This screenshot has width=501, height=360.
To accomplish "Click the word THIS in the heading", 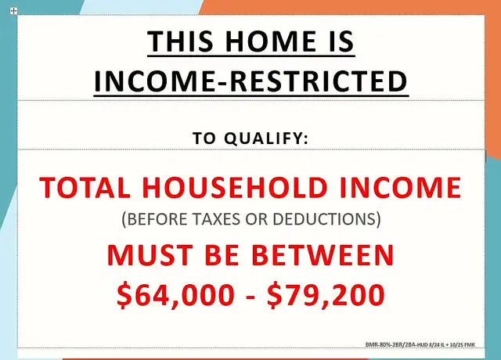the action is click(180, 41).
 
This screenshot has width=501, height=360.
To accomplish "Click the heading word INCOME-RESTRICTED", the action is click(250, 81).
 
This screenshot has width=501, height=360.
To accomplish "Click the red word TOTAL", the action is click(85, 187).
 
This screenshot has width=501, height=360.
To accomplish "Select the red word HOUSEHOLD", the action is click(235, 187).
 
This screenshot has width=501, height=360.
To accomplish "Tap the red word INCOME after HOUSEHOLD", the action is click(400, 187).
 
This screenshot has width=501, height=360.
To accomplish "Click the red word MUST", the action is click(150, 255).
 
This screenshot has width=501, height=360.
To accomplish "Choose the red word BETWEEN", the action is click(323, 255).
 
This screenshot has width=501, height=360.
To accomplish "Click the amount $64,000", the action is click(175, 295).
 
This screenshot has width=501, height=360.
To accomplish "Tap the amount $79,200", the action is click(326, 295).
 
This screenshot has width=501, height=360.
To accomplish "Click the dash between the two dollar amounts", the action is click(251, 297).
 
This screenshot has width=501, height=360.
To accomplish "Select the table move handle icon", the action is click(13, 11).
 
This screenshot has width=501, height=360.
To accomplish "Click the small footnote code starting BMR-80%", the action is click(420, 344).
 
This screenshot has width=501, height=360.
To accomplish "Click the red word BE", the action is click(222, 255).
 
